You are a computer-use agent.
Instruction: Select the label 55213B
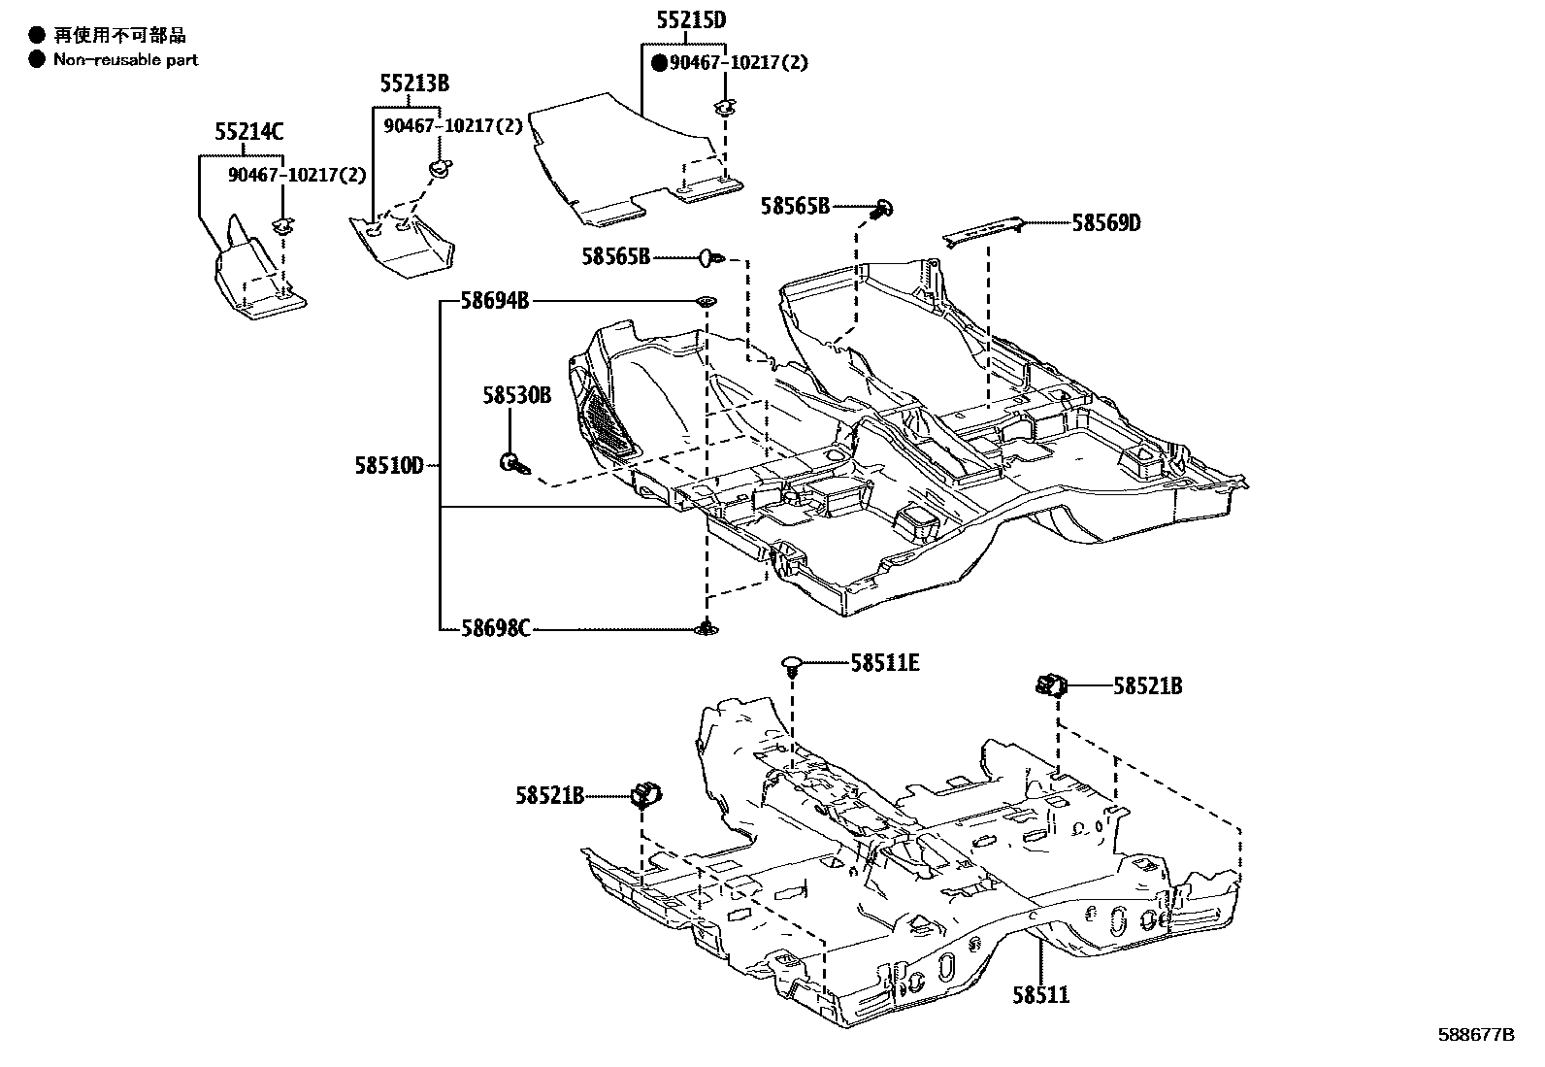(414, 83)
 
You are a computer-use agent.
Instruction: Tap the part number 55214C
(249, 132)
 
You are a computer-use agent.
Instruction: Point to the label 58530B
(516, 395)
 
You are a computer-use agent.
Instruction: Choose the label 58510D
(388, 467)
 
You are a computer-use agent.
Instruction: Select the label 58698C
(495, 629)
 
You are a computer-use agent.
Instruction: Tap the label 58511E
(884, 663)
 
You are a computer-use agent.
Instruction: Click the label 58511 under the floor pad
(1040, 995)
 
